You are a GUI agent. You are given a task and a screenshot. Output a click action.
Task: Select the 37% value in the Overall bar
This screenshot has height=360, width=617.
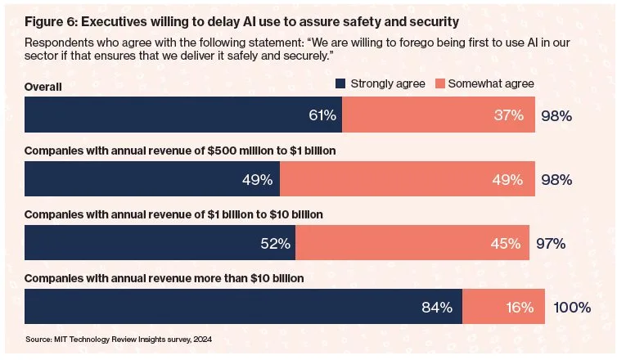[x=510, y=115]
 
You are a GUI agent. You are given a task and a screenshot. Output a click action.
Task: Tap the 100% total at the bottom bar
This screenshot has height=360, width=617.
[x=572, y=308]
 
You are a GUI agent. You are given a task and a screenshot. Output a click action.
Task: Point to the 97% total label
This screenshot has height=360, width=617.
[x=550, y=243]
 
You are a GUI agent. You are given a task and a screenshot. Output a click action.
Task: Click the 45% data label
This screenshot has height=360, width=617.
[x=505, y=243]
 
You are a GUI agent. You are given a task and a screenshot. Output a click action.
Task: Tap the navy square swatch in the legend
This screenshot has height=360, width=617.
[x=341, y=83]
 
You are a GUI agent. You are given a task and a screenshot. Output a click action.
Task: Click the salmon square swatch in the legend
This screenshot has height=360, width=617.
[x=439, y=83]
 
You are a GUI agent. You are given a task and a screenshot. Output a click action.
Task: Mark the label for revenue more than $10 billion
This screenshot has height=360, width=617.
[x=164, y=278]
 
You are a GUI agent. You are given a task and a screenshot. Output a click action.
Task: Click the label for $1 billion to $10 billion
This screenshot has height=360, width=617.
[x=173, y=214]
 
